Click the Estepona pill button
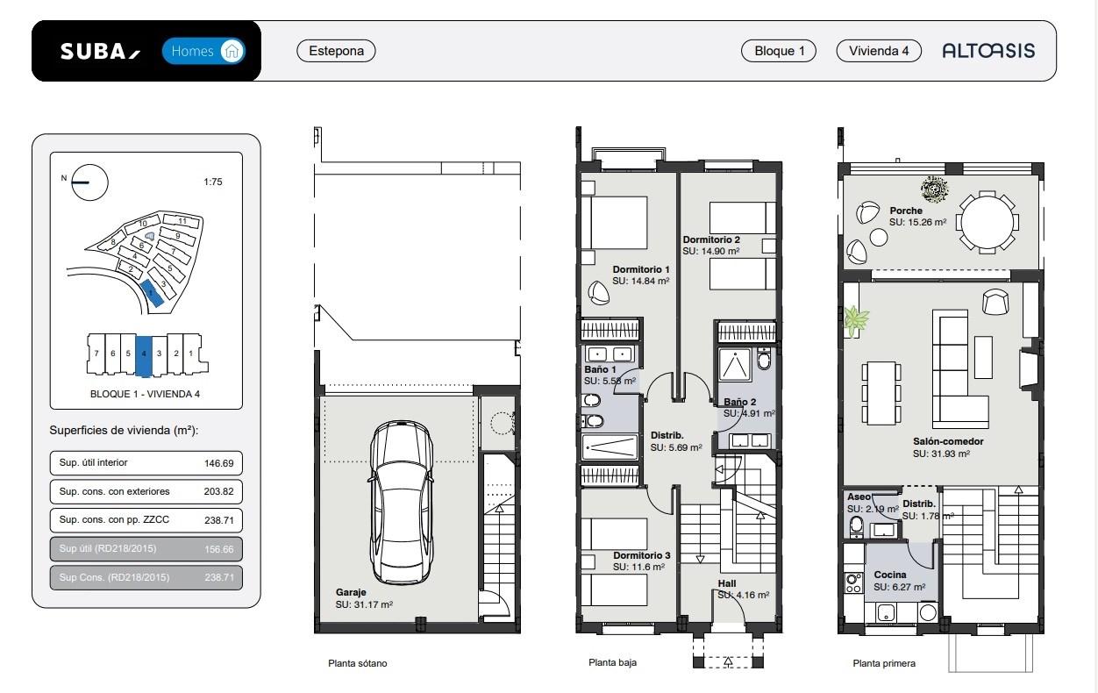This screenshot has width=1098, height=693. click(336, 51)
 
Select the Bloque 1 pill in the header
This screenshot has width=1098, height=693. click(779, 51)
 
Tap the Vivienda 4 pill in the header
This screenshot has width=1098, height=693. click(879, 51)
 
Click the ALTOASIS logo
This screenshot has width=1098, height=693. click(988, 51)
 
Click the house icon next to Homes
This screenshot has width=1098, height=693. click(232, 51)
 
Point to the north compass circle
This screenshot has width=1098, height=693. click(89, 182)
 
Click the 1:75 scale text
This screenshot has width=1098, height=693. click(213, 182)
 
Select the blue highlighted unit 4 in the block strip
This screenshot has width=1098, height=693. click(144, 356)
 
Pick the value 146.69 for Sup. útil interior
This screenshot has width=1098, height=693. click(219, 463)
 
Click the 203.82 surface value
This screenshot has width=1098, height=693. click(218, 491)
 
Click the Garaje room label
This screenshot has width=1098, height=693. click(351, 592)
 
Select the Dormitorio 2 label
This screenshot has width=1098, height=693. click(711, 239)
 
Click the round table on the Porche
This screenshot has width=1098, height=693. click(987, 222)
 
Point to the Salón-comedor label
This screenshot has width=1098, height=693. click(948, 441)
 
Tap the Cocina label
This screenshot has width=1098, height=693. click(890, 575)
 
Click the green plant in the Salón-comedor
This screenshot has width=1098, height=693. click(855, 320)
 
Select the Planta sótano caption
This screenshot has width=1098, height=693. click(358, 663)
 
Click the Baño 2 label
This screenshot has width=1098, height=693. click(740, 402)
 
